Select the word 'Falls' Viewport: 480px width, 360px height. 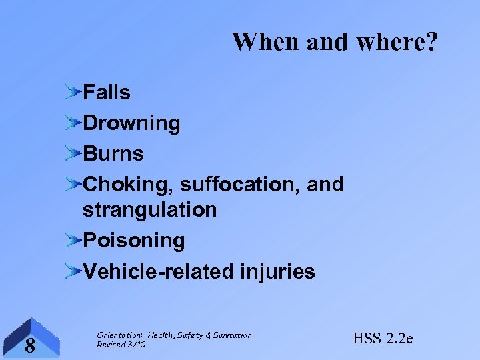pyautogui.click(x=107, y=93)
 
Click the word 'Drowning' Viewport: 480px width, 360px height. pyautogui.click(x=131, y=123)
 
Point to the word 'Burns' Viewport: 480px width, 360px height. pyautogui.click(x=113, y=153)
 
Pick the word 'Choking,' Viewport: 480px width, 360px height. pyautogui.click(x=129, y=184)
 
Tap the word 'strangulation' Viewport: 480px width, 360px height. pyautogui.click(x=149, y=209)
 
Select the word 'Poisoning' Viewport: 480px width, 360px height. pyautogui.click(x=134, y=240)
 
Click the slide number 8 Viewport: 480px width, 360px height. pyautogui.click(x=29, y=345)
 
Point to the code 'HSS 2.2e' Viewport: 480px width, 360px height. pyautogui.click(x=382, y=339)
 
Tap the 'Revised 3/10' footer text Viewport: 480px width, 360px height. pyautogui.click(x=121, y=344)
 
